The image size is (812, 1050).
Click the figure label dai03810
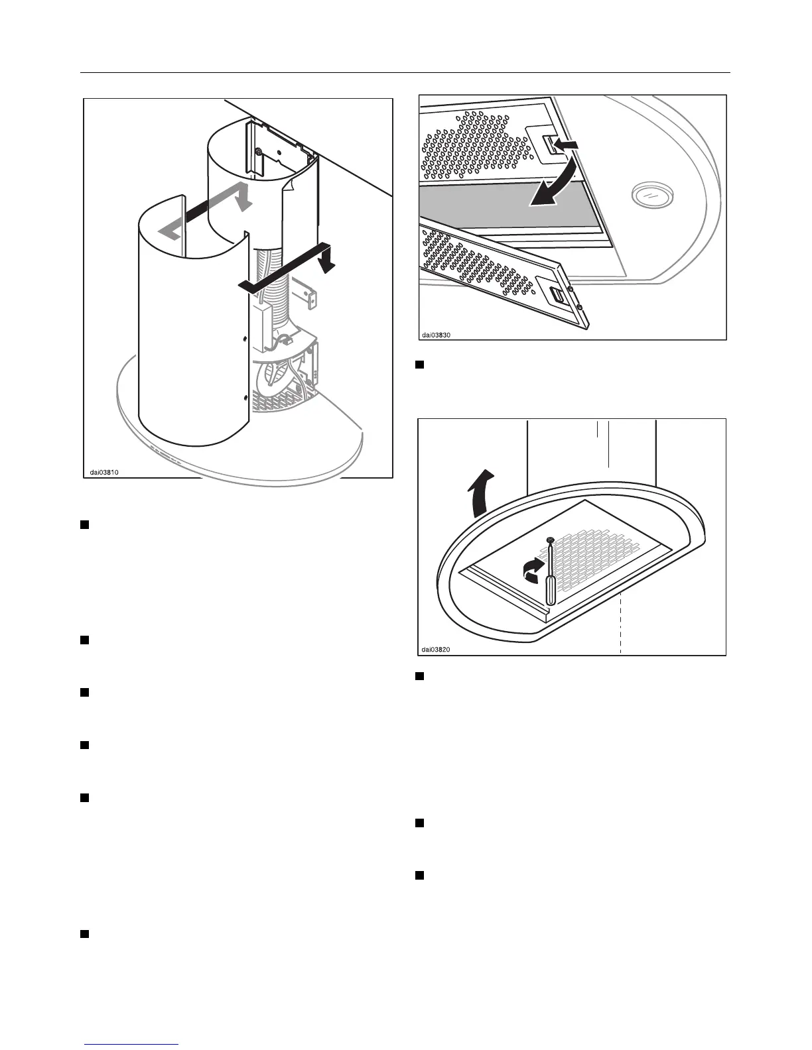click(105, 473)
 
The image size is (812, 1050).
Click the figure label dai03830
click(437, 335)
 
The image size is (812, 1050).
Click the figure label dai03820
click(437, 650)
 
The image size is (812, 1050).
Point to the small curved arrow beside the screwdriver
click(531, 570)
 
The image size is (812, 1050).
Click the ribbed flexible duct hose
click(279, 292)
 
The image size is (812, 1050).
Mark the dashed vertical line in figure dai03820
click(620, 623)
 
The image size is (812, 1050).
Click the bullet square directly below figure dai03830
click(419, 365)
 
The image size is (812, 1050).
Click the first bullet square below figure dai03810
click(84, 525)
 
